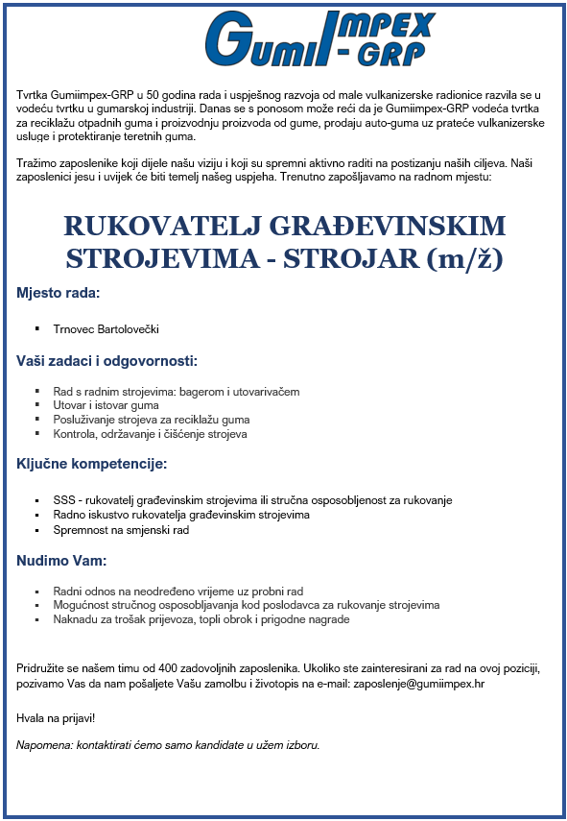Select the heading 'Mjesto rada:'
tap(59, 292)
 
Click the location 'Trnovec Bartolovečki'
tap(106, 329)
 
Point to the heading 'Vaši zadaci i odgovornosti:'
tap(106, 361)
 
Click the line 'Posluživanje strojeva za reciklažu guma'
tap(151, 420)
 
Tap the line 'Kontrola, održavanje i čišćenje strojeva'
tap(150, 434)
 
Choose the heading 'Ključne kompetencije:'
tap(91, 464)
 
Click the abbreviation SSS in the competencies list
tap(63, 500)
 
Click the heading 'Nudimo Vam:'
tap(60, 560)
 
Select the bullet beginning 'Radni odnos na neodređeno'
tap(177, 592)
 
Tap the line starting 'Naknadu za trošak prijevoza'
tap(201, 619)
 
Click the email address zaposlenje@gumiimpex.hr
tap(418, 684)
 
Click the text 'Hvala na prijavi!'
tap(56, 717)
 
